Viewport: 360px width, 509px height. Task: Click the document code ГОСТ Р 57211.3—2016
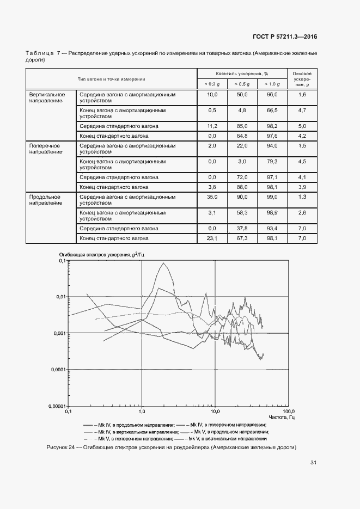[x=285, y=37]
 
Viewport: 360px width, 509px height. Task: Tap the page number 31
[x=313, y=463]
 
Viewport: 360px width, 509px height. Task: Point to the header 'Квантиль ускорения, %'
[x=242, y=73]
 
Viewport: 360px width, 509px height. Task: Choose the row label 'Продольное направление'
[x=45, y=200]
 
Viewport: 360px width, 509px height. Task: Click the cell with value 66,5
[x=272, y=111]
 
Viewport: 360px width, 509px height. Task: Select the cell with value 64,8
[x=241, y=136]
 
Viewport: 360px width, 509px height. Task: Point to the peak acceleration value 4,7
[x=303, y=111]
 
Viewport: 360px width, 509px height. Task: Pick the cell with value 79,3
[x=272, y=162]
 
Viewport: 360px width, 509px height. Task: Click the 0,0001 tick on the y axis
[x=55, y=369]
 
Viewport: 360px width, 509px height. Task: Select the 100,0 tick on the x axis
[x=289, y=412]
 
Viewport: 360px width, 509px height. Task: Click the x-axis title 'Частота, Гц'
[x=282, y=418]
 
